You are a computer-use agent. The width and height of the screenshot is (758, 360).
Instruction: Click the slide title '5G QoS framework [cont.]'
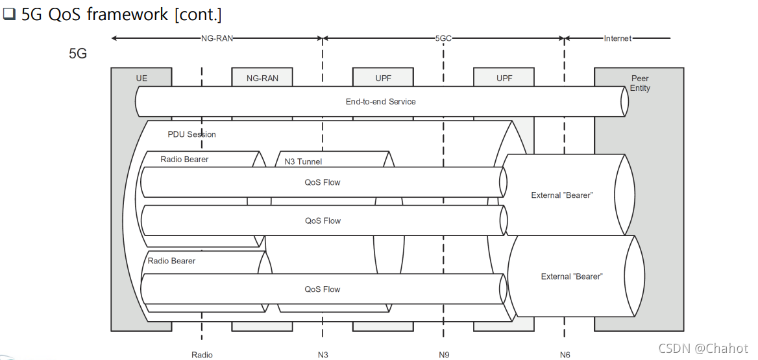point(121,14)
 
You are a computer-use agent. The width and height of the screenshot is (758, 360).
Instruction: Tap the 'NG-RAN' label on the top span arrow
point(216,38)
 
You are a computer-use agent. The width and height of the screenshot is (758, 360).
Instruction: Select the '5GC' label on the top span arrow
point(443,38)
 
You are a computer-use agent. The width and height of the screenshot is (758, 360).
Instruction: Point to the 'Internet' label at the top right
point(617,38)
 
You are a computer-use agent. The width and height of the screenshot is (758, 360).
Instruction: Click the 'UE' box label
point(141,78)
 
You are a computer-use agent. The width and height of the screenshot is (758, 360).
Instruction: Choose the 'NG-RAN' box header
point(262,78)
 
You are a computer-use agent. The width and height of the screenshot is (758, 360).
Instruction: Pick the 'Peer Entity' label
point(640,83)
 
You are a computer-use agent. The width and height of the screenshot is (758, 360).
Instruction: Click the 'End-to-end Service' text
point(380,101)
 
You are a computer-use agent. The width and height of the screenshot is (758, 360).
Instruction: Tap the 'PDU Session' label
point(191,134)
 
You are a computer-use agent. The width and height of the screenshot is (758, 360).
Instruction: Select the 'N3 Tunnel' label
point(303,162)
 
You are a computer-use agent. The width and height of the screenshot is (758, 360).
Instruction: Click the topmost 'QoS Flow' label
point(323,182)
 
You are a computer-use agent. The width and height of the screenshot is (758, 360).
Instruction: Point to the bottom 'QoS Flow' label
point(323,289)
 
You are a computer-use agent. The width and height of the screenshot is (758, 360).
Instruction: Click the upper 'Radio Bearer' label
point(184,159)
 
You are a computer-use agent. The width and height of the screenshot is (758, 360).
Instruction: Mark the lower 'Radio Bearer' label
point(171,261)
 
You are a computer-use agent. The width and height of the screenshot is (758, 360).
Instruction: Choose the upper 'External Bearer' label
point(561,195)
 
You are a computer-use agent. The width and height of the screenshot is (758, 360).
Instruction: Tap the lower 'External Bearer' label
point(571,276)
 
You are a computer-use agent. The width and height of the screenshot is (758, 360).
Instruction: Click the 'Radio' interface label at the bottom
point(202,355)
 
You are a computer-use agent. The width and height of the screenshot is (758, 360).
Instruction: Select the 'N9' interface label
point(444,355)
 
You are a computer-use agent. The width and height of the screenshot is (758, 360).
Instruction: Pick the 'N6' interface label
point(565,355)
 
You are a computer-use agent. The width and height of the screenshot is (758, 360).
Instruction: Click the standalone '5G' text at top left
point(78,54)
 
